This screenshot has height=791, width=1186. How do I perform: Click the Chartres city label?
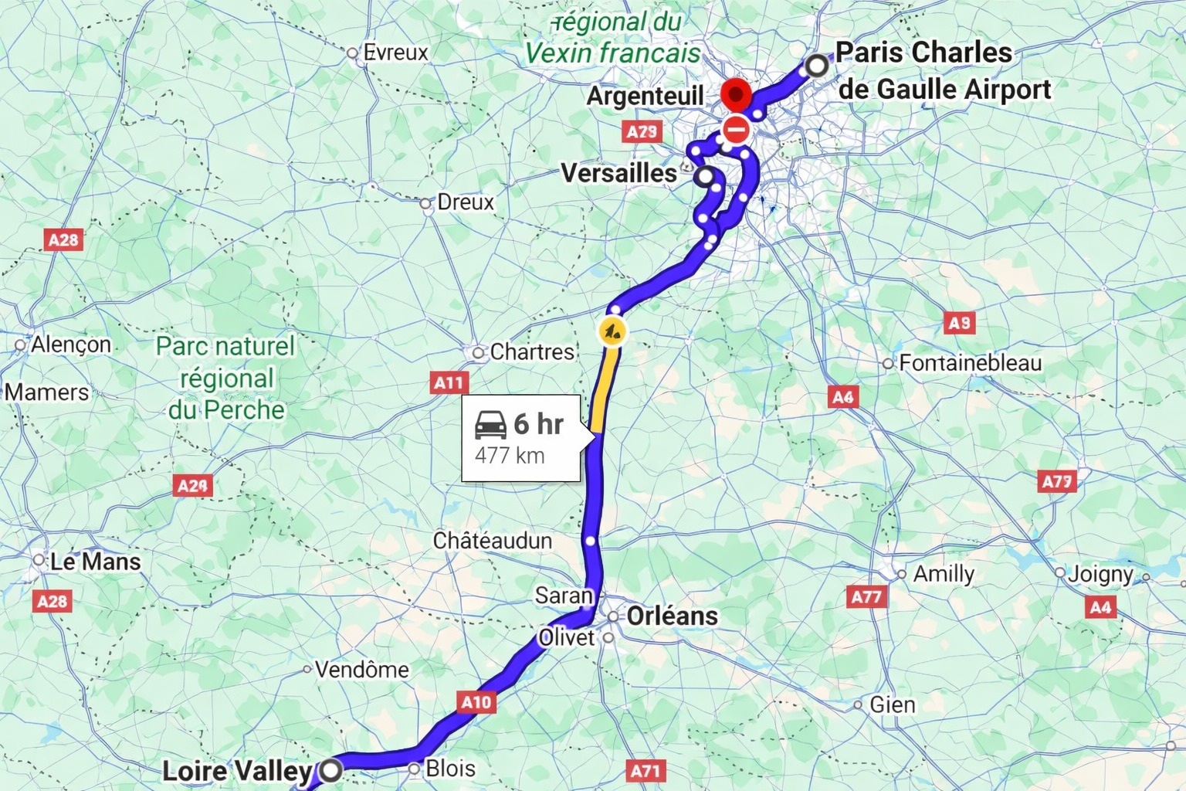tap(532, 352)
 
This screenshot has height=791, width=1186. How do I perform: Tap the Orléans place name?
tap(672, 616)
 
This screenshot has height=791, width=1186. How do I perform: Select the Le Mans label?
tap(95, 562)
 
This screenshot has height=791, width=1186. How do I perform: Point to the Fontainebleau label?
tap(970, 363)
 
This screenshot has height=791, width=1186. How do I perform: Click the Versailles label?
tap(618, 173)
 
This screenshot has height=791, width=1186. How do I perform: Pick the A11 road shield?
tap(449, 382)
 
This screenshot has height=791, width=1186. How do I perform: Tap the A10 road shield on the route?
tap(476, 701)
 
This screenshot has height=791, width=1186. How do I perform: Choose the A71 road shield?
tap(645, 770)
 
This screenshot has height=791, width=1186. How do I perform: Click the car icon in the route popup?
tap(490, 425)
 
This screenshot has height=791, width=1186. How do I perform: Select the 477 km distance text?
tap(510, 455)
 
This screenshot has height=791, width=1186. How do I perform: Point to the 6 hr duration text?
tap(539, 424)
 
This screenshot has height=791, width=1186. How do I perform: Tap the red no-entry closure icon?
tap(737, 130)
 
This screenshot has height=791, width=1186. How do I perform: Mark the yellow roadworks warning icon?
tap(612, 332)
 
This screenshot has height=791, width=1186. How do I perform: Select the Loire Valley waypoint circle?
tap(332, 769)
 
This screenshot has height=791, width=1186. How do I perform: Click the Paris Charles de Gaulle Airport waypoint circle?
tap(816, 66)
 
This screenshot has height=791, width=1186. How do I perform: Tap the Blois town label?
tap(450, 769)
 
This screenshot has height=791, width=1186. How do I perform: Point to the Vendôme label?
tap(361, 669)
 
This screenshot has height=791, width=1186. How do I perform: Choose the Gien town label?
tap(893, 704)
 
